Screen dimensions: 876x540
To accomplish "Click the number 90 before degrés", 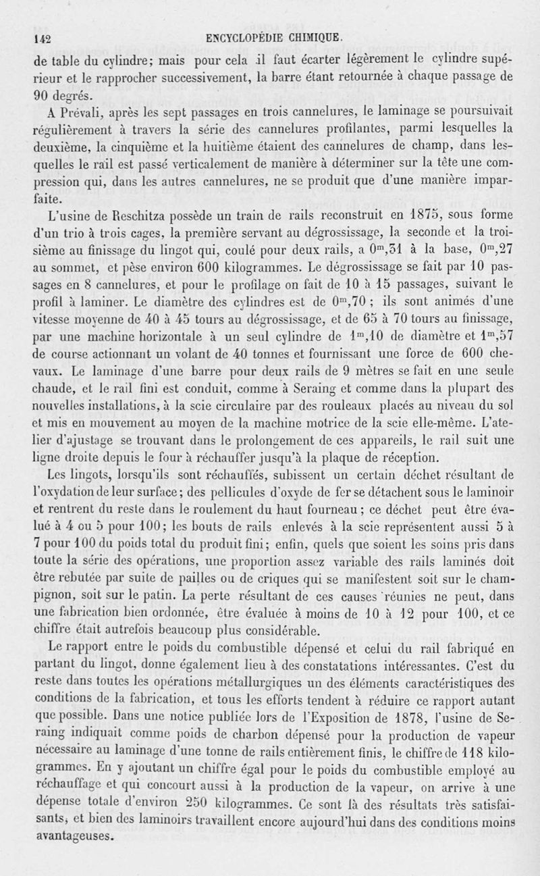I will (x=45, y=94).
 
